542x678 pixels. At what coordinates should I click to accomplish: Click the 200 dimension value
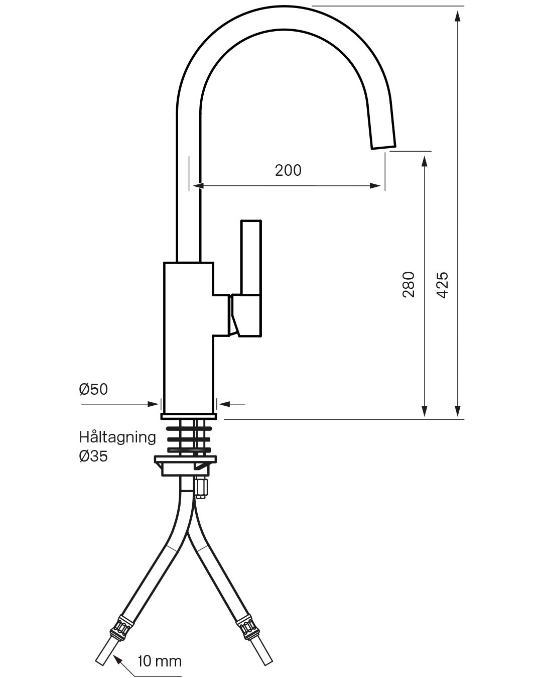coord(288,170)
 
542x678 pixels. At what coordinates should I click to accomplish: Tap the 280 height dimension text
coord(409,284)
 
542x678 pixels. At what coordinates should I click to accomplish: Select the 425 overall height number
coord(442,285)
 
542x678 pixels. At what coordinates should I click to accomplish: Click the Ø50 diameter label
coord(93,389)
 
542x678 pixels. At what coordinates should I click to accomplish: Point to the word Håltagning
coord(117,437)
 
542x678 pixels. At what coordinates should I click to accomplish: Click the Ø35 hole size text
coord(93,456)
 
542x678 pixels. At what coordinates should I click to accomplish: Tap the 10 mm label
coord(159,661)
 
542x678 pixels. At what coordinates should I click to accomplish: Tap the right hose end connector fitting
coord(248,628)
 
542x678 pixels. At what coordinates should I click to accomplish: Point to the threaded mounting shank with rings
coord(189,436)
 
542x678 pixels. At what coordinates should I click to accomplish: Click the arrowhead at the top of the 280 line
coord(425,160)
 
